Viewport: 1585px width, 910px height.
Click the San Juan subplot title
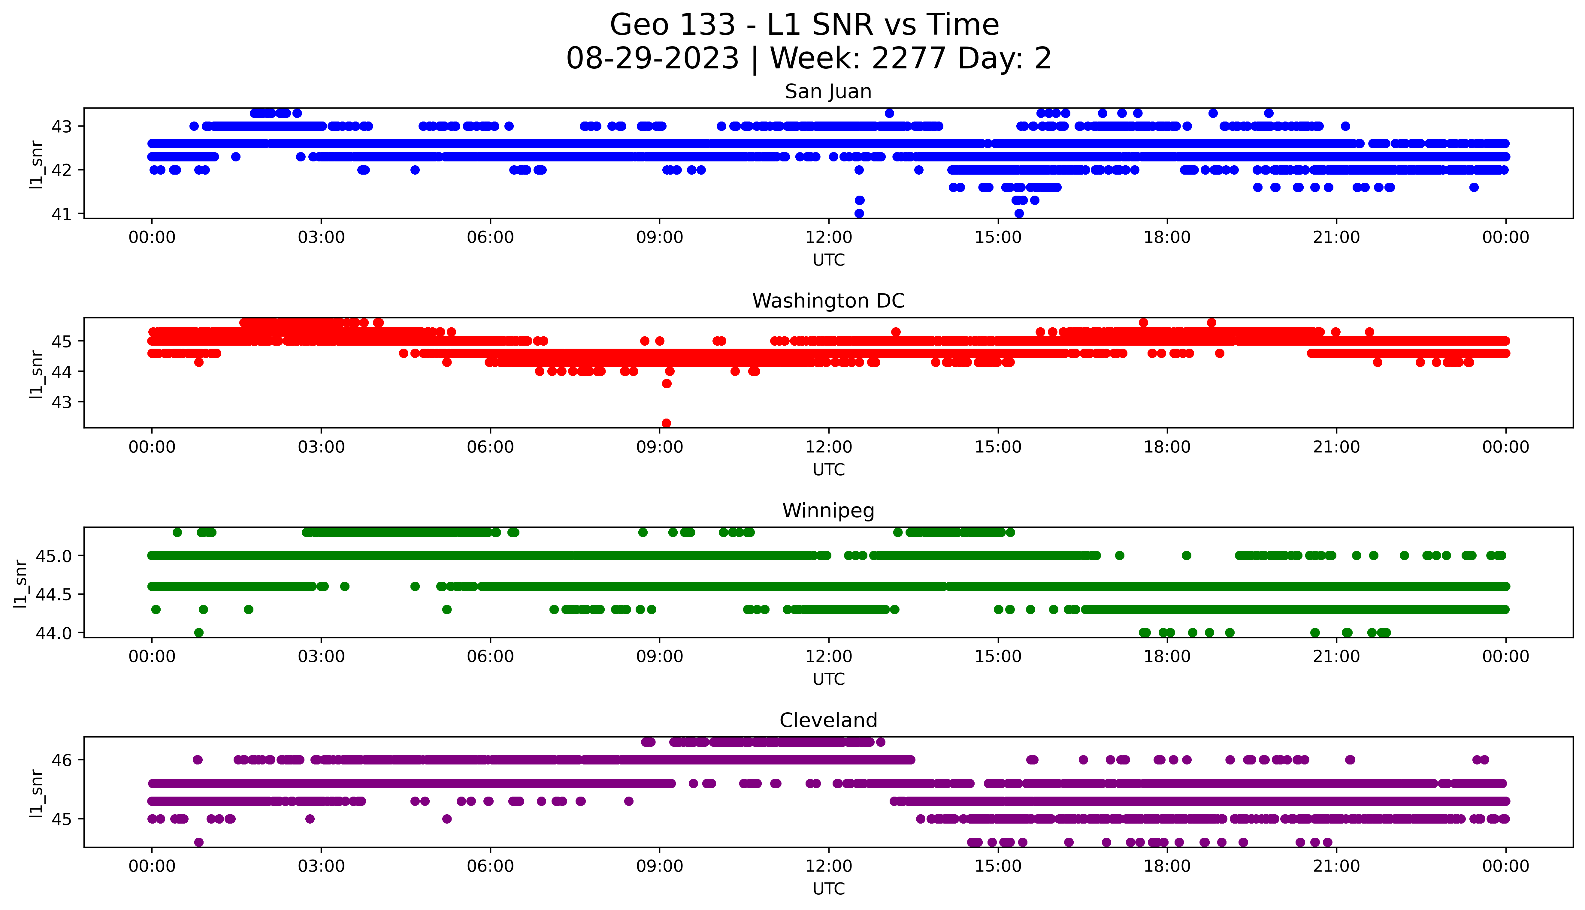828,92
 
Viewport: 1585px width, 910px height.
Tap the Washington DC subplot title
828,301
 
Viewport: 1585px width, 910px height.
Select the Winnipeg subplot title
828,511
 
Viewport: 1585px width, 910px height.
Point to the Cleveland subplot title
828,721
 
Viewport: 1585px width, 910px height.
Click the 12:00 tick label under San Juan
828,238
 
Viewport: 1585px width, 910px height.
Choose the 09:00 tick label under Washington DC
659,447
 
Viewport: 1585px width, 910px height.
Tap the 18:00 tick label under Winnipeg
1167,656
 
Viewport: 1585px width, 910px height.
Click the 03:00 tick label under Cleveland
321,866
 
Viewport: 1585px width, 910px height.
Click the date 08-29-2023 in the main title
652,59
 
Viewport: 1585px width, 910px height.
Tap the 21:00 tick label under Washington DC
1336,447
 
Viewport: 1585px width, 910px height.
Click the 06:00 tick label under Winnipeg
490,656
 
